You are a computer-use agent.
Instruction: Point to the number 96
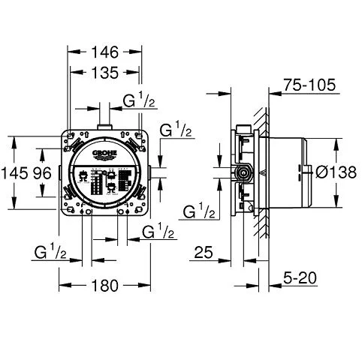[x=44, y=172]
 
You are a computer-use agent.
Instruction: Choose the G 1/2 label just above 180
[x=51, y=252]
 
